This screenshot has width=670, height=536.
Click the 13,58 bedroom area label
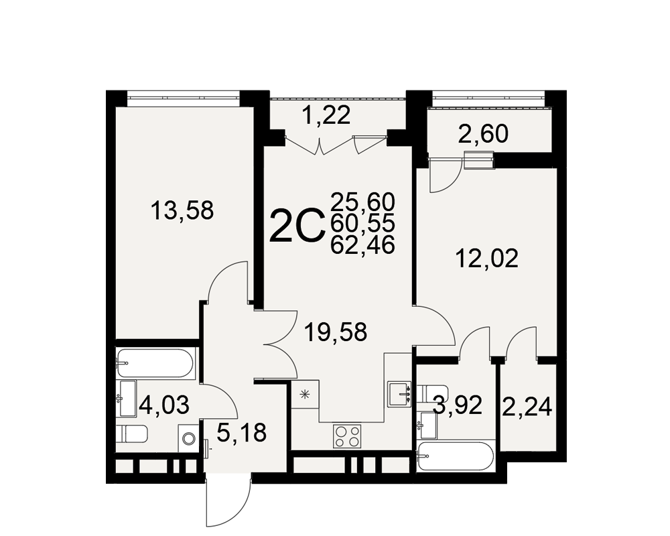click(182, 210)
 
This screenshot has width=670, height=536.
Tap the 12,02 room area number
click(487, 259)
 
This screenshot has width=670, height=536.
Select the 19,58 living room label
click(336, 332)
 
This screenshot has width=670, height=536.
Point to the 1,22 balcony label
click(326, 115)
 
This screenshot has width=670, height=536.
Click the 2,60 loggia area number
click(483, 134)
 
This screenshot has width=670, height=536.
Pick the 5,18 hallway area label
click(241, 433)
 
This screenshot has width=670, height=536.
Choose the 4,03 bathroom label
click(163, 405)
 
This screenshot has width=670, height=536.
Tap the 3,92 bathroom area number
click(458, 405)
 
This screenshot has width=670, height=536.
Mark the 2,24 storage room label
click(527, 407)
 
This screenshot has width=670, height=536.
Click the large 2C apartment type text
click(295, 225)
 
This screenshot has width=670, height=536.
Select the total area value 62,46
click(362, 246)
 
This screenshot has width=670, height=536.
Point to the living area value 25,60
click(362, 201)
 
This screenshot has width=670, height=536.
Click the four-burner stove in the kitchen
click(347, 436)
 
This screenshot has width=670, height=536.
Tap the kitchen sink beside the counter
click(399, 394)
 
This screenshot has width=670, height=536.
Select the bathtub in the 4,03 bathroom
click(155, 363)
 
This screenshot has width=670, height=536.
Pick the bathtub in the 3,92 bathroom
click(456, 456)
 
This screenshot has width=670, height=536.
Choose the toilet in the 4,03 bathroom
click(131, 435)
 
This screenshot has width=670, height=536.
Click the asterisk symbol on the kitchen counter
click(305, 395)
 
